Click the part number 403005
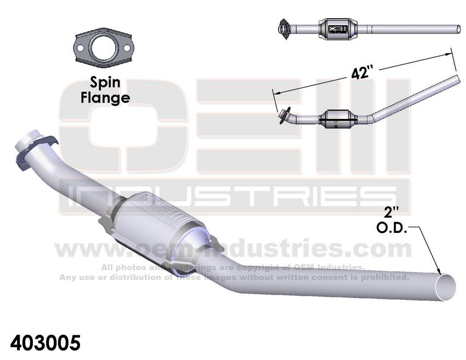46,343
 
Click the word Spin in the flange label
105,83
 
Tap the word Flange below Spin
105,98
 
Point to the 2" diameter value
391,213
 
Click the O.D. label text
391,228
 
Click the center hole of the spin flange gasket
103,48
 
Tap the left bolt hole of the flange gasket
80,48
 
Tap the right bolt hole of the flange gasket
126,48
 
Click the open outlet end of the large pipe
445,287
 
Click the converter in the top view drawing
338,28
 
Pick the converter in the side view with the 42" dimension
338,119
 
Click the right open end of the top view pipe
459,30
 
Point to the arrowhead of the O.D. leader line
438,270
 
